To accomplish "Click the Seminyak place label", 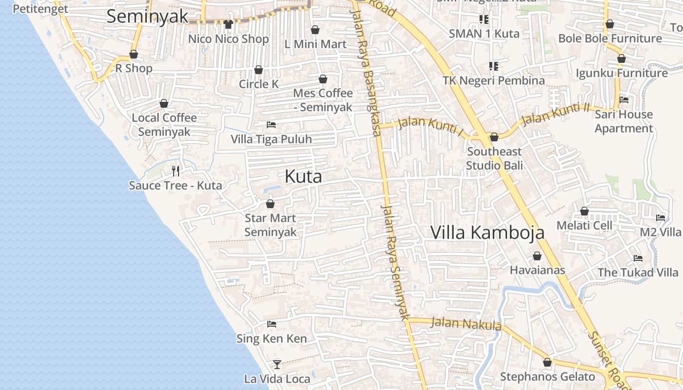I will pos(147,16).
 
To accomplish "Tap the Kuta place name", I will pos(303,176).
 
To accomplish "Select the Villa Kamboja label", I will pos(487,233).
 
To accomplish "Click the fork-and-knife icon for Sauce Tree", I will pos(176,171).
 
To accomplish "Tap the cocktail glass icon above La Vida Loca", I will pos(277,364).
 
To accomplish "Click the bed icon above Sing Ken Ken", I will pos(272,324).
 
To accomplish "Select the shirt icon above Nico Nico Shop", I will pos(228,24).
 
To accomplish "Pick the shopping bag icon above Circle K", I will pos(259,70).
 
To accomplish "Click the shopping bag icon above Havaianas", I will pos(537,256).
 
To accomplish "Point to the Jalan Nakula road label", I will pos(466,323).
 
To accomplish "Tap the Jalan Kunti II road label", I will pos(555,115).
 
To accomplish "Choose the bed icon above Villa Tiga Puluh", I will pos(271,125).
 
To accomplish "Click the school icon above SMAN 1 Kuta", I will pos(483,19).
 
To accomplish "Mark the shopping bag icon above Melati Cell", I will pos(584,211).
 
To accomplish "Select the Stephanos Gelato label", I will pos(547,377).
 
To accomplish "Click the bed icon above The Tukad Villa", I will pos(638,258).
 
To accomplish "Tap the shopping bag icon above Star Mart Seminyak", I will pos(270,204).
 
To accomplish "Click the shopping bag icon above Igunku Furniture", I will pos(621,58).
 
